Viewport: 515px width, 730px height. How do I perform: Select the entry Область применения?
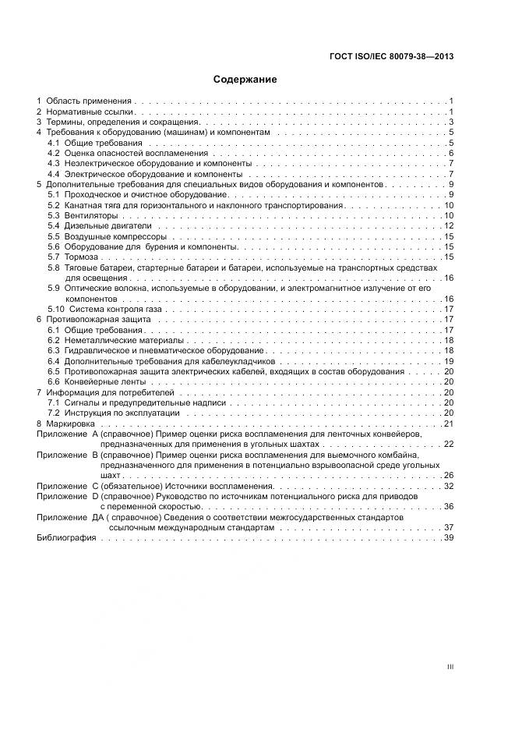[x=89, y=102]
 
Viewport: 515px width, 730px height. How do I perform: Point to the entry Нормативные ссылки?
[x=90, y=112]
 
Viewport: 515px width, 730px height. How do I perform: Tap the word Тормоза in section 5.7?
[x=82, y=257]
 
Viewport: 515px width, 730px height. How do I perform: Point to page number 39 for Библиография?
[x=448, y=538]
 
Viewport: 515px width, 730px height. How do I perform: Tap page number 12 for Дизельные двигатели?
[x=448, y=225]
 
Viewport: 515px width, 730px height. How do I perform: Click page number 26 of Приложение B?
[x=448, y=475]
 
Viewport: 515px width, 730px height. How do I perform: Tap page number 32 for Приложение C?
[x=448, y=486]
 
